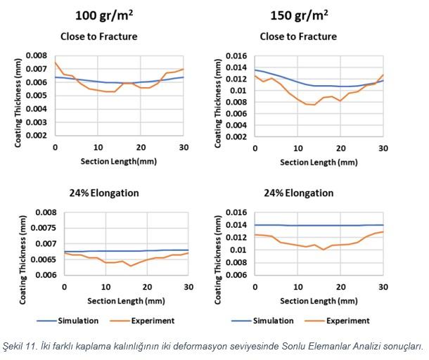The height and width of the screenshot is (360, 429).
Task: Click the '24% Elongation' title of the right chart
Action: (297, 193)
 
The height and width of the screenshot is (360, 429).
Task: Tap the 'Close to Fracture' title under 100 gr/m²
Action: (105, 37)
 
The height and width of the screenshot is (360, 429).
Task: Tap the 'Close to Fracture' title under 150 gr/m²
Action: (298, 37)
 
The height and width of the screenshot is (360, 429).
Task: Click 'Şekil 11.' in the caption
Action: (20, 346)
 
